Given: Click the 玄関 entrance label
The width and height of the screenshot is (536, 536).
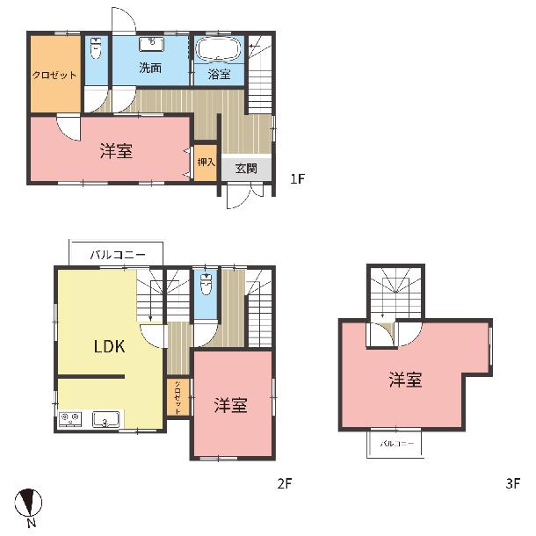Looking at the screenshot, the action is coord(246,168).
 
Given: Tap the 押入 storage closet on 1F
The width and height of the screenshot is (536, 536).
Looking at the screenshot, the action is coord(206,163).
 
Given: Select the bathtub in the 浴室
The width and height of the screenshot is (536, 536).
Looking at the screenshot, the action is coord(219,49).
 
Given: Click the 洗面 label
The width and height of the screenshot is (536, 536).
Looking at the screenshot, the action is coord(150,68).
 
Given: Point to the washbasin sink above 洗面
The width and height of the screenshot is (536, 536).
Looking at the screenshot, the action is coord(152,44).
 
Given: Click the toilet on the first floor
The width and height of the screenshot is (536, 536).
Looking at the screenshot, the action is coord(96,47).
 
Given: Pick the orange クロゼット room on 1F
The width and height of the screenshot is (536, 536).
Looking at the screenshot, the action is coord(55,74).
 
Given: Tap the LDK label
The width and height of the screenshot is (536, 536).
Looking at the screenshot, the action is coord(109,346).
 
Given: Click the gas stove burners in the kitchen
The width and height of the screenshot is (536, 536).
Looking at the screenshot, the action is coord(70,419).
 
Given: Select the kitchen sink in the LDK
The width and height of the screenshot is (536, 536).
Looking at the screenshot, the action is coord(105,419).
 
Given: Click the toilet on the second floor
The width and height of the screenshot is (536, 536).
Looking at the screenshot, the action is coord(206,284).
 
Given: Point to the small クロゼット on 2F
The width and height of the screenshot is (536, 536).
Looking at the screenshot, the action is coord(178,397).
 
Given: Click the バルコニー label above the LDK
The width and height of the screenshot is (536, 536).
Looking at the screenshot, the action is coord(118,255).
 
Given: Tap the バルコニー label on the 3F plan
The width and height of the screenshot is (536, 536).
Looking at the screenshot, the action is coord(396,444).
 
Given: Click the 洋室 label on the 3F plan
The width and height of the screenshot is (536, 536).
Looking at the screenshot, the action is coord(405,380).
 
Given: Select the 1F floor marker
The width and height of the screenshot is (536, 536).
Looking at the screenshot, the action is coord(297,178).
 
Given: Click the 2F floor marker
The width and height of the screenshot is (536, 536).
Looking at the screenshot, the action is coord(284,483).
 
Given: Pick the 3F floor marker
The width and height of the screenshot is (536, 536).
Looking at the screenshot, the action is coord(513,483).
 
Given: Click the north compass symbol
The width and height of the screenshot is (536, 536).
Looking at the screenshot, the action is coord(28,503).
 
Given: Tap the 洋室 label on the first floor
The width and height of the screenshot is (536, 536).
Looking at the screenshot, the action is coord(116,151).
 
